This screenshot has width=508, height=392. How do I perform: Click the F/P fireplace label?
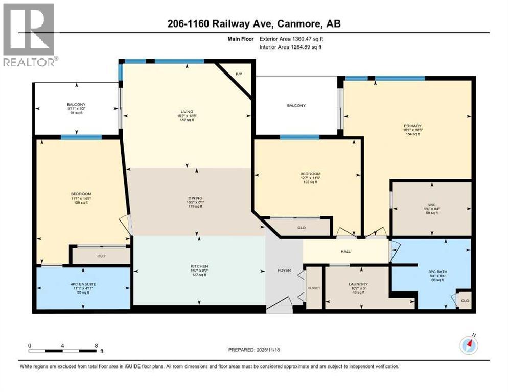[x=238, y=75]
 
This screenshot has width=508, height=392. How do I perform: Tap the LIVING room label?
[x=187, y=111]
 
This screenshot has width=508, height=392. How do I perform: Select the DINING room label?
[x=196, y=198]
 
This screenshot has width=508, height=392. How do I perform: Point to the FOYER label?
[x=284, y=271]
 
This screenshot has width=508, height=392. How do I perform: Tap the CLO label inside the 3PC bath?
[x=465, y=301]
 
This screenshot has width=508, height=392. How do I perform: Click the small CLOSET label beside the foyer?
[x=313, y=288]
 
